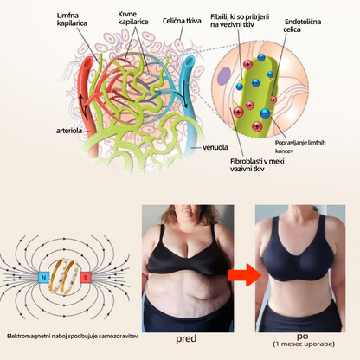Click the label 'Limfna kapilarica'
tap(72, 19)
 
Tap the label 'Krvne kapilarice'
tap(133, 18)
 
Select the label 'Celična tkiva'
tap(182, 21)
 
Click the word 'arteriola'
tap(69, 131)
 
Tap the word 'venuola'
tap(215, 147)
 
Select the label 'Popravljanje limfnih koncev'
tap(300, 146)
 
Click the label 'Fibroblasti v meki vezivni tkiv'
tap(257, 165)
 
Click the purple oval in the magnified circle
tap(223, 76)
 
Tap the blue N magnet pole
tap(44, 277)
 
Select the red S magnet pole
tap(86, 278)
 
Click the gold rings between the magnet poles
tap(65, 277)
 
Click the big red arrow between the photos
tap(244, 275)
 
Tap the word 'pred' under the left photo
tap(186, 338)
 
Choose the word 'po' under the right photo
tap(302, 337)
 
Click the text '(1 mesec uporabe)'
tap(304, 344)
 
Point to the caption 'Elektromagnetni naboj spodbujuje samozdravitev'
tap(72, 337)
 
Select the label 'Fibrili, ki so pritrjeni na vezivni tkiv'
tap(240, 20)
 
